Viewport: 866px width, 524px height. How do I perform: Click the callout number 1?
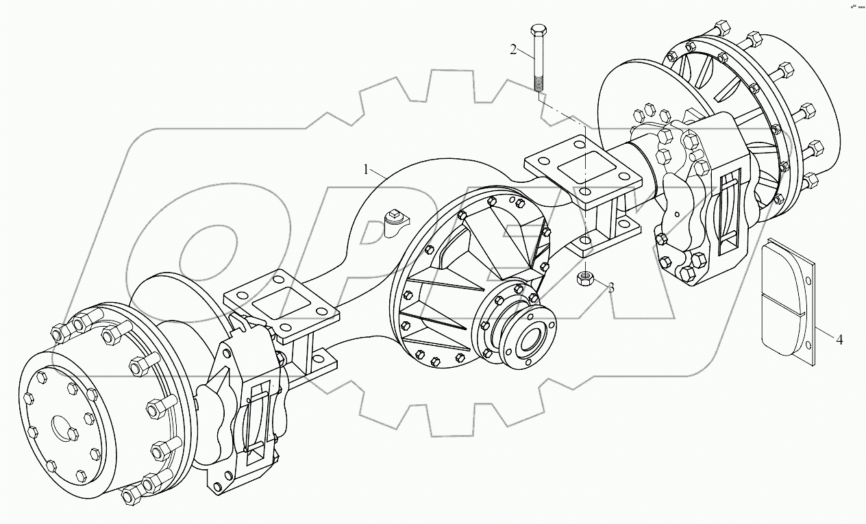(x=367, y=169)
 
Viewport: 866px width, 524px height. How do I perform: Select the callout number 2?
(x=512, y=49)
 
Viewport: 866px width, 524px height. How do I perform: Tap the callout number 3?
(x=610, y=288)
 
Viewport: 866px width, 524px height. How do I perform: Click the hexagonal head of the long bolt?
(x=536, y=31)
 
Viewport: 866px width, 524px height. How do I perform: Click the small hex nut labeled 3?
(x=585, y=278)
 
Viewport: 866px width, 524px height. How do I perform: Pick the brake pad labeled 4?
(x=788, y=301)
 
